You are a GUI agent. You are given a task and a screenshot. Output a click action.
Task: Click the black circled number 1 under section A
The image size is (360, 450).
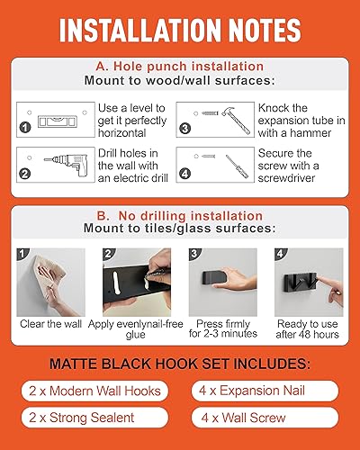click(x=24, y=128)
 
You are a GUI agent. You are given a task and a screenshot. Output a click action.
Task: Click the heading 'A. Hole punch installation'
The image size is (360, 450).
click(x=179, y=67)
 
